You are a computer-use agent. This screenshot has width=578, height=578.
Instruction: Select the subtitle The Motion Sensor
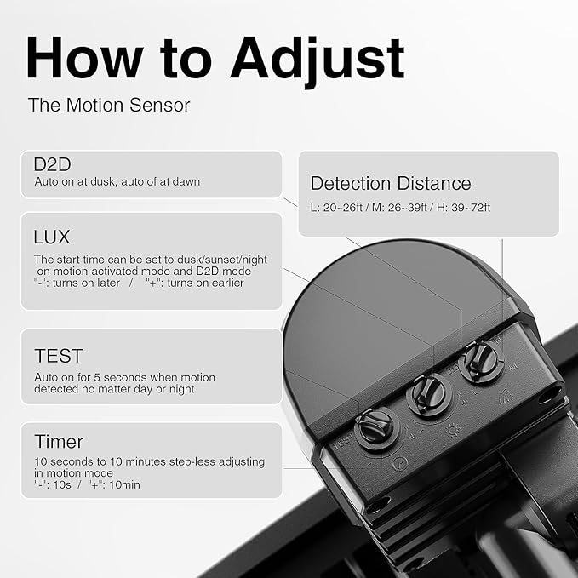[x=108, y=105]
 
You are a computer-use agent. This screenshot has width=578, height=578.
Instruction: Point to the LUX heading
[x=51, y=237]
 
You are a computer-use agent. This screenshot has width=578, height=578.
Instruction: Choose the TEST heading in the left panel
[x=58, y=356]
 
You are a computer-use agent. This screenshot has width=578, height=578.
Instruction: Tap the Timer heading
[x=59, y=441]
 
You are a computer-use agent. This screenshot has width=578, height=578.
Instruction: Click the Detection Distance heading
[x=390, y=183]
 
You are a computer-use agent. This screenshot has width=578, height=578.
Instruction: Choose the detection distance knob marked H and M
[x=481, y=361]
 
